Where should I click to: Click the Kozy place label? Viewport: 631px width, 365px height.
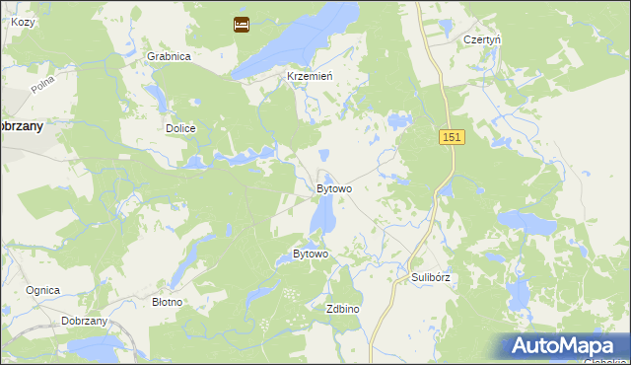click(23, 21)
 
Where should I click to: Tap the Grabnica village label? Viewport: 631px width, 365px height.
click(169, 56)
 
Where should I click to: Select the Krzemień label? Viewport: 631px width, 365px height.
click(310, 76)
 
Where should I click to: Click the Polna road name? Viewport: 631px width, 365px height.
click(42, 87)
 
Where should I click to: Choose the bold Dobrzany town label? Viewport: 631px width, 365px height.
click(21, 126)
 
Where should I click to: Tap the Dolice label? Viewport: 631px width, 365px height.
click(181, 129)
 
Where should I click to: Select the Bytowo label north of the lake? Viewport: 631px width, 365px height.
click(334, 188)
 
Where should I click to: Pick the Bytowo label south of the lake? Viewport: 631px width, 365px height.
click(311, 255)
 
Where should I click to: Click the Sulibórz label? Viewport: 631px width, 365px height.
click(430, 278)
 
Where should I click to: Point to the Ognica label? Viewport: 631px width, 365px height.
click(43, 290)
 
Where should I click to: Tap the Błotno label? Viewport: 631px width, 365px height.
click(167, 302)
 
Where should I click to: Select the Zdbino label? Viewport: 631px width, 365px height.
click(342, 309)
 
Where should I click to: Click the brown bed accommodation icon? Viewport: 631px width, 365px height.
click(242, 25)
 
